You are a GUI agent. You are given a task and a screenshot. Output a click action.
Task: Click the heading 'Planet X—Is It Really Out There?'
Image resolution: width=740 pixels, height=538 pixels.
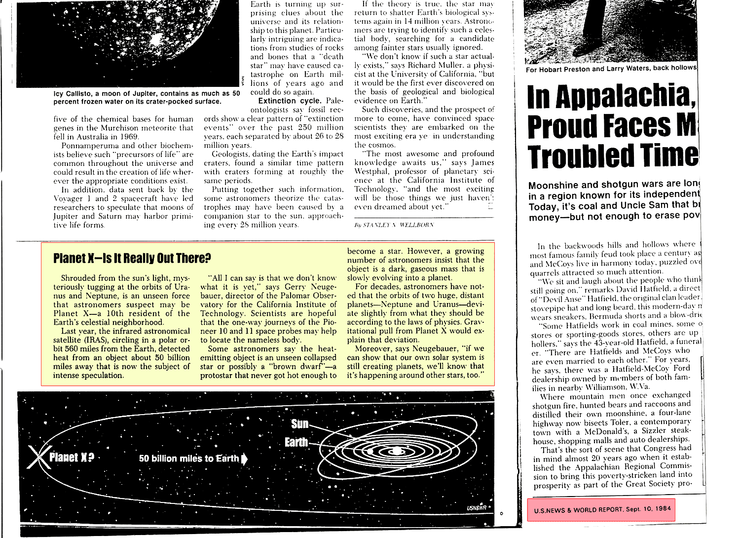(x=132, y=258)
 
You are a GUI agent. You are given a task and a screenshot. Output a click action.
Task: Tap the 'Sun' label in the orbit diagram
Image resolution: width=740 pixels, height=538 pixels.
(x=300, y=424)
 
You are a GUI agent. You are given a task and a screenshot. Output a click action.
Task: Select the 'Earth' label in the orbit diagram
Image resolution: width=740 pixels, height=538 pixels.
(x=296, y=442)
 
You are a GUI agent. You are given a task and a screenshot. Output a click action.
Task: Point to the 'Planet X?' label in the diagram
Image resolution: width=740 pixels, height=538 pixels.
(x=72, y=457)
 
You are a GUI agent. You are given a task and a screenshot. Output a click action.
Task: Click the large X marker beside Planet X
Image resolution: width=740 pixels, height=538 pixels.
(x=37, y=457)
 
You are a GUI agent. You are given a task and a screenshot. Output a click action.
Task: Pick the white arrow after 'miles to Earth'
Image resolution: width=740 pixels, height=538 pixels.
(x=244, y=459)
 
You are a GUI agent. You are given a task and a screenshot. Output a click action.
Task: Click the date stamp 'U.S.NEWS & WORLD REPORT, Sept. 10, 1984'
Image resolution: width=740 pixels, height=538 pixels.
(x=602, y=509)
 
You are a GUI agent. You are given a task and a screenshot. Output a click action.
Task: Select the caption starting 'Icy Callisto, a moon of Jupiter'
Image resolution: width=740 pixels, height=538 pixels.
(x=147, y=97)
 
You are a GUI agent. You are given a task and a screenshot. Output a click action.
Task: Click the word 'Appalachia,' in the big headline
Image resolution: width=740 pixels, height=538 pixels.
(x=612, y=97)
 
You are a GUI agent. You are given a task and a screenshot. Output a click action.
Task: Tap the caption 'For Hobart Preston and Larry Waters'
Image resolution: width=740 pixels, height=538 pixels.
(x=611, y=69)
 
